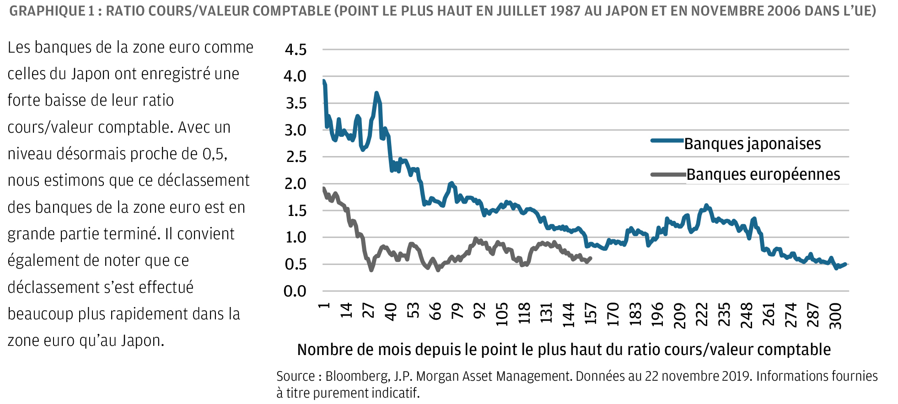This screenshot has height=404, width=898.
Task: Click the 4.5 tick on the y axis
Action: click(296, 49)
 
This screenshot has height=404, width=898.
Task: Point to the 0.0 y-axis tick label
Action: click(296, 291)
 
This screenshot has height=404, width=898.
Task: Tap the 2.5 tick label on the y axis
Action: click(296, 157)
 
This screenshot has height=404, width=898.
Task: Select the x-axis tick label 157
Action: click(591, 314)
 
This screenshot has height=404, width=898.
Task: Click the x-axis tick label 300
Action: click(835, 316)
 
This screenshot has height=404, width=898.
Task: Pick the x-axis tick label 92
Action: click(479, 311)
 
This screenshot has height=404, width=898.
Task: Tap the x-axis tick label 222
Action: click(702, 314)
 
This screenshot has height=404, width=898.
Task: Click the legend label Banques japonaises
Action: click(753, 144)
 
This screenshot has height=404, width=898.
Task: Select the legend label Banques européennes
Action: click(763, 174)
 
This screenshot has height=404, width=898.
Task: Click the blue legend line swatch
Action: click(667, 141)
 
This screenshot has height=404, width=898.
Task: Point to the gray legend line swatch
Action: click(668, 174)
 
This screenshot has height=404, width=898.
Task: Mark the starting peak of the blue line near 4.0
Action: click(324, 81)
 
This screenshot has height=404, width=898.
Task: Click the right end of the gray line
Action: click(591, 258)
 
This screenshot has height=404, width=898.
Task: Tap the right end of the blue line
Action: click(845, 264)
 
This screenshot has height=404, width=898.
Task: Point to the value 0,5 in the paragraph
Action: click(214, 154)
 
